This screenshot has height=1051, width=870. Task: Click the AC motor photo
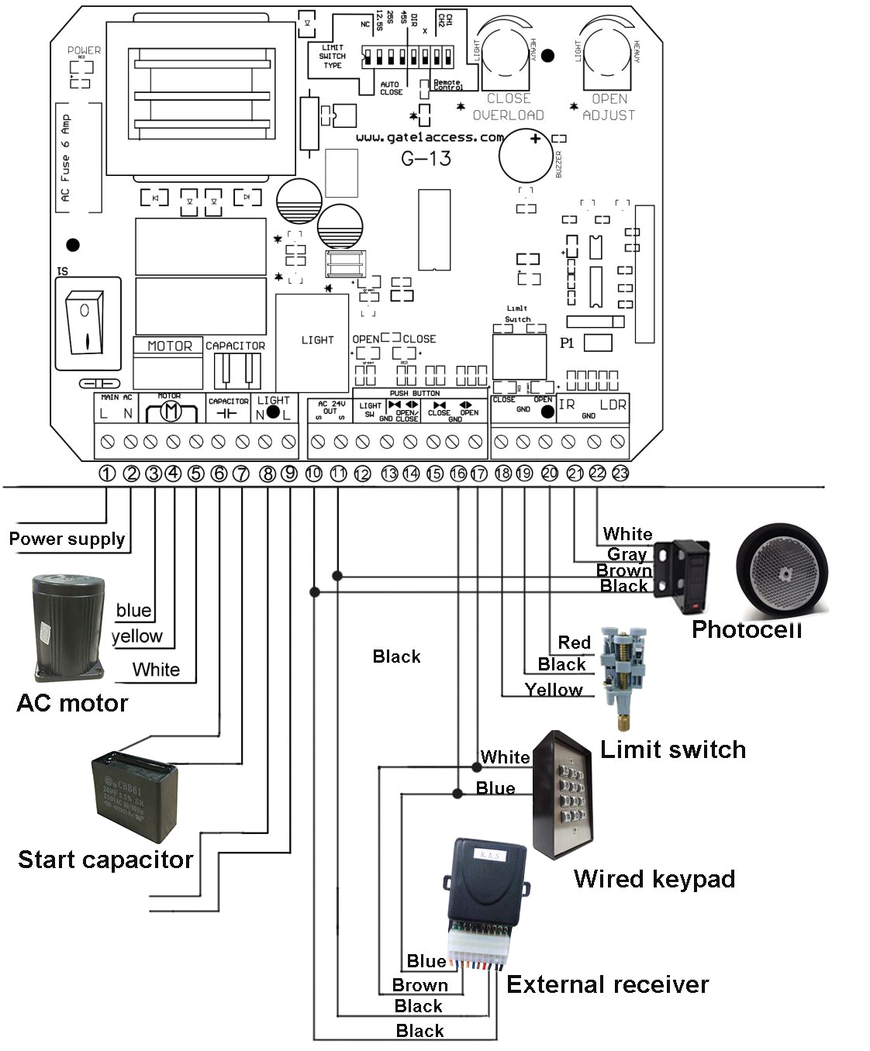(68, 627)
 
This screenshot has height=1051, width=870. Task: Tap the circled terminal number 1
(108, 473)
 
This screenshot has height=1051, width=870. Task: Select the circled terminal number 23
(620, 473)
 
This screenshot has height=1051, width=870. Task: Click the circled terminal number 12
(362, 474)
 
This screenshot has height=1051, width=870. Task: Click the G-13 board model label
(426, 159)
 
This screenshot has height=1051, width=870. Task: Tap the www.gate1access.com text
(430, 137)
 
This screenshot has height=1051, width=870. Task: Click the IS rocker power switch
(87, 323)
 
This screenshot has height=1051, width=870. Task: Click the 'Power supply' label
(67, 539)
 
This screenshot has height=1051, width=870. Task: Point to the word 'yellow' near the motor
(137, 636)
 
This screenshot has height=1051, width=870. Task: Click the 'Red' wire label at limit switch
(574, 643)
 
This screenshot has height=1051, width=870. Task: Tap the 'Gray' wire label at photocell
(627, 554)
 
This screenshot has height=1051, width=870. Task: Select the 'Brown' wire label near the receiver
(419, 985)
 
